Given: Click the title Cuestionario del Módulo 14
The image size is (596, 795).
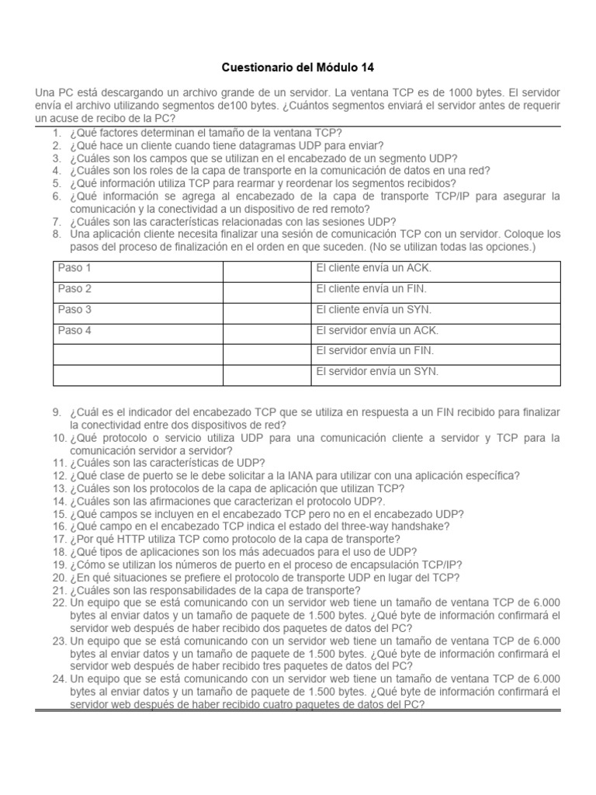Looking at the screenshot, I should point(298,68).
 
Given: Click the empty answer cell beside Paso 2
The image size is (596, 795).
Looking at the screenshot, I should point(265,289).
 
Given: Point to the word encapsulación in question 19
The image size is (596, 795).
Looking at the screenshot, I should point(362,564).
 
